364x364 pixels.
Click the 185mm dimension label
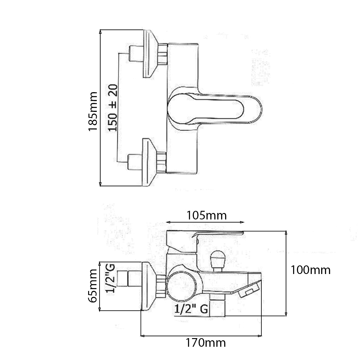(x=93, y=111)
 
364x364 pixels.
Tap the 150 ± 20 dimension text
(x=112, y=108)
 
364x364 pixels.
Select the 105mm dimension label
(x=206, y=215)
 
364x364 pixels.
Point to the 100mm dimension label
(x=310, y=270)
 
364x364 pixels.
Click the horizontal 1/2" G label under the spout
(x=191, y=309)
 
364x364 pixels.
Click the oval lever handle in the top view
(x=216, y=110)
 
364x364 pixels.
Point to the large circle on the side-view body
(x=185, y=283)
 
